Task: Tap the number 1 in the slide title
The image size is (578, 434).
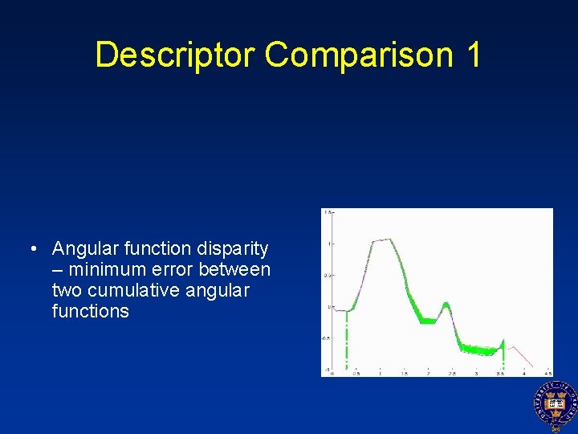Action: (x=472, y=55)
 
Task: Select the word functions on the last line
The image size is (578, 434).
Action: (x=90, y=311)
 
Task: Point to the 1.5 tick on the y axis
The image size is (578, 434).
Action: (x=328, y=212)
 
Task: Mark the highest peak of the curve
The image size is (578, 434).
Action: (x=389, y=239)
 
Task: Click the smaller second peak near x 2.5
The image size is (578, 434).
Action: (x=446, y=304)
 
